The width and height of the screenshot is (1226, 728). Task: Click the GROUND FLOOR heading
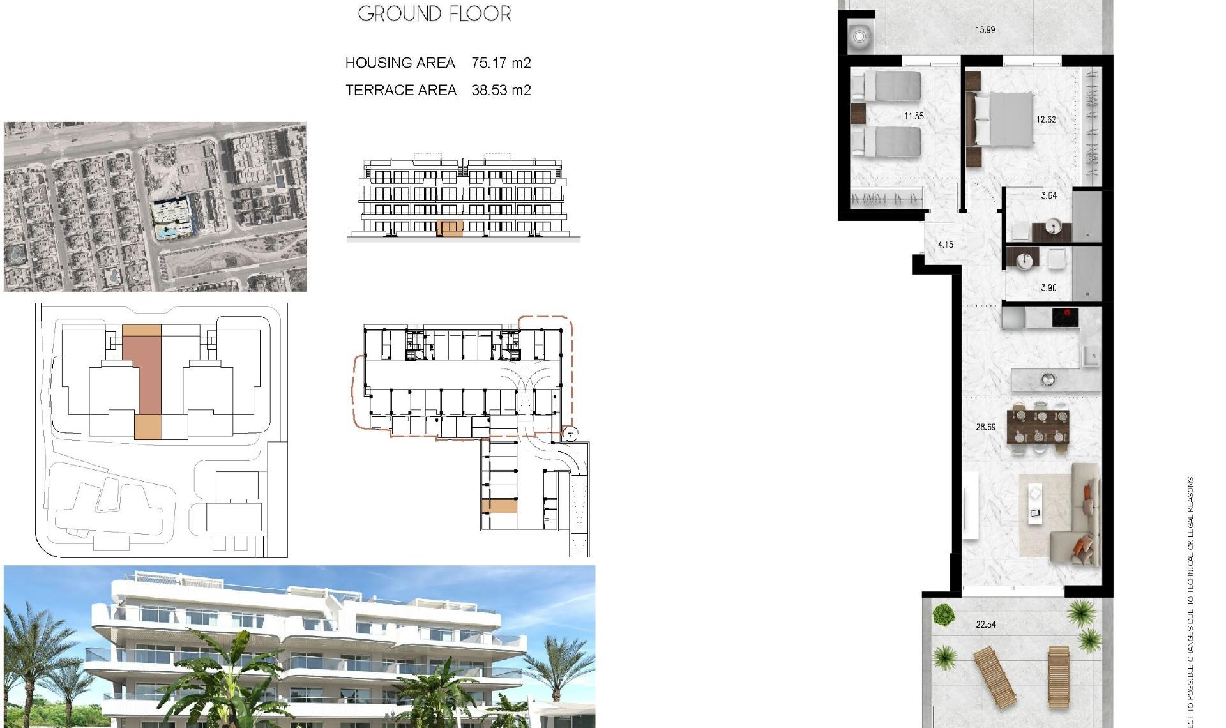pyautogui.click(x=434, y=13)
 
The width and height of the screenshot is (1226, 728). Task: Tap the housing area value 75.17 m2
pyautogui.click(x=501, y=63)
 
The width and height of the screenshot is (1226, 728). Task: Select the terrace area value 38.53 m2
pyautogui.click(x=501, y=90)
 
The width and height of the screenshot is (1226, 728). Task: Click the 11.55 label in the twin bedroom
pyautogui.click(x=914, y=116)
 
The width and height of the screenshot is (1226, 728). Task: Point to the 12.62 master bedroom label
pyautogui.click(x=1046, y=119)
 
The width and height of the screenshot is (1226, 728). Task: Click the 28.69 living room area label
pyautogui.click(x=985, y=427)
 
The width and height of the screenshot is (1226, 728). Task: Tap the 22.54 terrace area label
pyautogui.click(x=985, y=625)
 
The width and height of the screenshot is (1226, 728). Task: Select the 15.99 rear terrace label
pyautogui.click(x=985, y=30)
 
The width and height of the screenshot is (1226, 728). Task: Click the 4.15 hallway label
pyautogui.click(x=945, y=245)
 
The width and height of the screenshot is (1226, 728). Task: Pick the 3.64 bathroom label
pyautogui.click(x=1048, y=196)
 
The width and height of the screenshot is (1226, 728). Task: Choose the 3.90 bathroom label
pyautogui.click(x=1048, y=288)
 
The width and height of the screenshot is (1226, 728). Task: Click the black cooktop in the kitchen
pyautogui.click(x=1065, y=316)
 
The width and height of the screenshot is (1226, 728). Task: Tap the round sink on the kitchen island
pyautogui.click(x=1048, y=380)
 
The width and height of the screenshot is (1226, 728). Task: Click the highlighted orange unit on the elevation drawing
pyautogui.click(x=450, y=228)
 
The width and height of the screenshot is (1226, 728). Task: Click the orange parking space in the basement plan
pyautogui.click(x=499, y=506)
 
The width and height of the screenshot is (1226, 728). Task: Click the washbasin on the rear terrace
pyautogui.click(x=859, y=36)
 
